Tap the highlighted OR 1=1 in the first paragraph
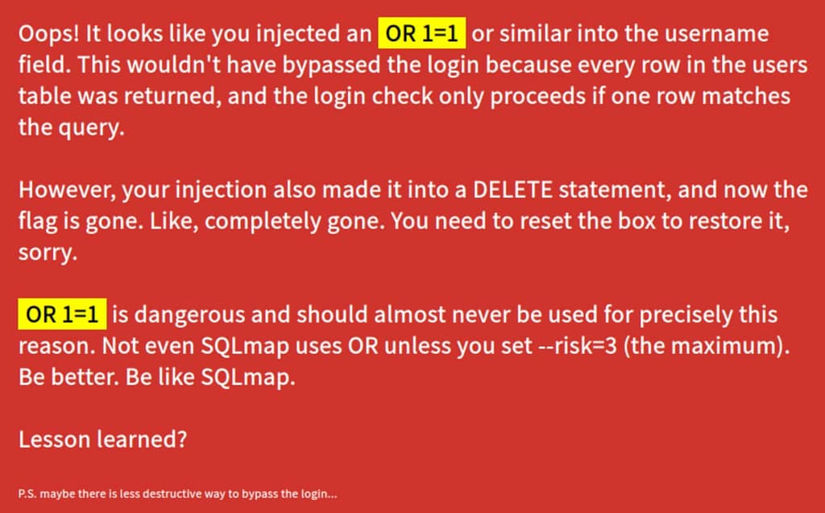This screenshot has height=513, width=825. pos(422,34)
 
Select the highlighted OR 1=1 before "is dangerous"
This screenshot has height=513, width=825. pos(62,315)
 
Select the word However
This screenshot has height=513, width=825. pos(68,190)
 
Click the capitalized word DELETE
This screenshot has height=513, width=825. pos(513,190)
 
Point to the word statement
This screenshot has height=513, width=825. pos(615,190)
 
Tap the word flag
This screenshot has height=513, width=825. pos(38,222)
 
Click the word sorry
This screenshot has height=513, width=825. pos(48,253)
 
